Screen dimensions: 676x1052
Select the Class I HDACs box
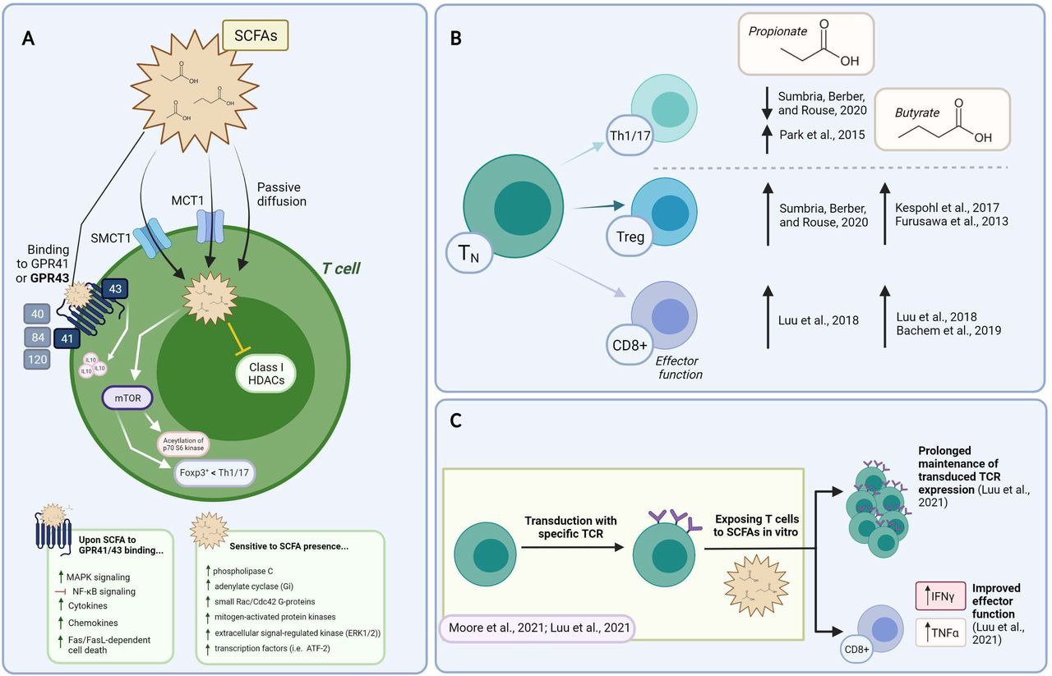pyautogui.click(x=265, y=374)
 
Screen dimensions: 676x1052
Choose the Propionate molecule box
pyautogui.click(x=803, y=43)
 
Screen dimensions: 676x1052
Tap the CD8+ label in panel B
pyautogui.click(x=630, y=347)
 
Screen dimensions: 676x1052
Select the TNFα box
pyautogui.click(x=936, y=632)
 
